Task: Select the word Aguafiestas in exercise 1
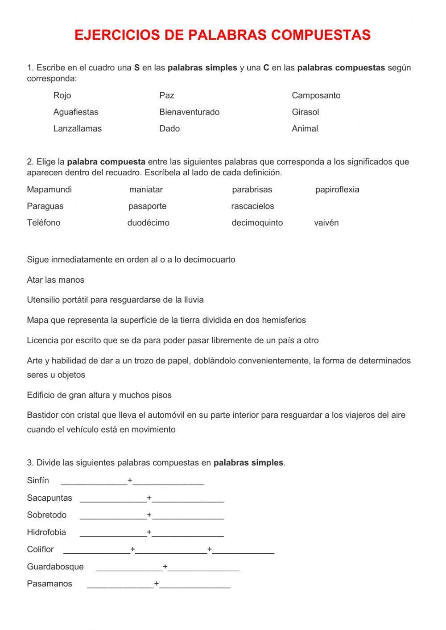(x=75, y=112)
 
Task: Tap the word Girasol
(x=305, y=112)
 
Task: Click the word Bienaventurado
(x=189, y=112)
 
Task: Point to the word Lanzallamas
(x=77, y=128)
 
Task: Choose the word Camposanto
(x=316, y=95)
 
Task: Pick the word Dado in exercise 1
(x=169, y=128)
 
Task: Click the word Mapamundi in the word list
(x=49, y=189)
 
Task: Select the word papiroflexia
(x=337, y=189)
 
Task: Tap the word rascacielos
(x=252, y=206)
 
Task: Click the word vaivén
(x=326, y=222)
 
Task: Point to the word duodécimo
(x=148, y=222)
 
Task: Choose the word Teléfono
(x=43, y=222)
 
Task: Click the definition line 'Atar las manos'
(x=55, y=280)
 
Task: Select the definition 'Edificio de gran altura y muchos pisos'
(x=99, y=395)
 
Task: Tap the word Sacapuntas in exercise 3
(x=49, y=498)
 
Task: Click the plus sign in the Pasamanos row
(x=157, y=584)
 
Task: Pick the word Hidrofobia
(x=46, y=532)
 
